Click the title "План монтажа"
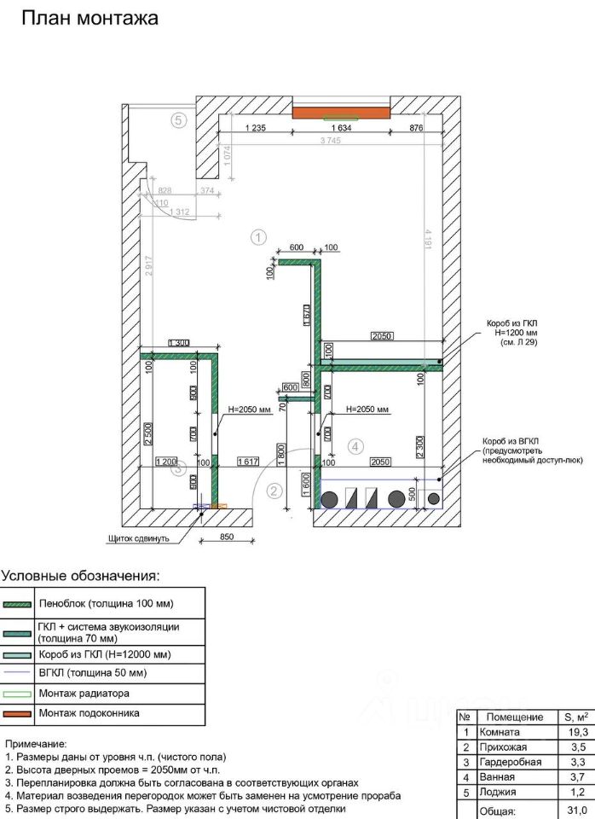click(x=89, y=19)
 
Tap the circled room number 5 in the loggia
click(x=178, y=120)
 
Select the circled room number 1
click(x=259, y=237)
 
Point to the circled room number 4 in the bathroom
click(x=355, y=445)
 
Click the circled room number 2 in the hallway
click(x=274, y=491)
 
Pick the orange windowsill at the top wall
click(x=341, y=113)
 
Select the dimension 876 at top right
click(x=415, y=128)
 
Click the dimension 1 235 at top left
click(x=257, y=128)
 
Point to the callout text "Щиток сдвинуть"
click(x=141, y=538)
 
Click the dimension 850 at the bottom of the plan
click(x=227, y=537)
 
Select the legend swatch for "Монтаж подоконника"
click(x=17, y=712)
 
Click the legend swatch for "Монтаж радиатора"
click(x=17, y=692)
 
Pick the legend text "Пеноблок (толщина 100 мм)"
click(x=106, y=603)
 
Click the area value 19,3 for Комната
click(x=579, y=733)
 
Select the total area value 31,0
click(x=579, y=810)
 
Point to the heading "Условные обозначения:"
click(x=80, y=577)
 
